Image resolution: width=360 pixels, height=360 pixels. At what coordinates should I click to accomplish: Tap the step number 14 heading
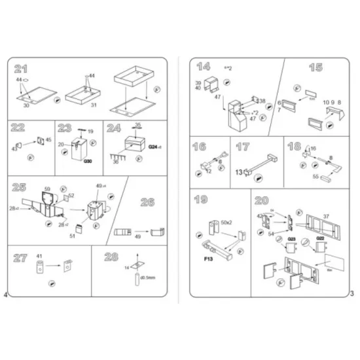(204, 67)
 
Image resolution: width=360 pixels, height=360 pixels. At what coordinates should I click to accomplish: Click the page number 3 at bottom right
(352, 293)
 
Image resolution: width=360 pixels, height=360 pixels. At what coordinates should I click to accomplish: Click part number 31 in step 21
(93, 105)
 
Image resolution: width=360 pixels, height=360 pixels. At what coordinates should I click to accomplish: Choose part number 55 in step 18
(315, 177)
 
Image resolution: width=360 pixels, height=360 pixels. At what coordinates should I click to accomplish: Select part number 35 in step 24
(138, 124)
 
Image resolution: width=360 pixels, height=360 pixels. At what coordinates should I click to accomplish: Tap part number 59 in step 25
(47, 190)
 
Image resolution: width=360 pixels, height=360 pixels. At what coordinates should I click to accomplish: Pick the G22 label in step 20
(321, 238)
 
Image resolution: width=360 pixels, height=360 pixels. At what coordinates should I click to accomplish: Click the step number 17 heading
(243, 148)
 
